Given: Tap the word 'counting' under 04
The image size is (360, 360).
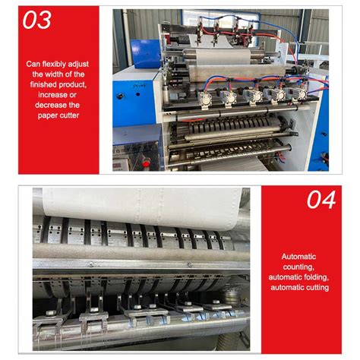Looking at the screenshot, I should pyautogui.click(x=299, y=267).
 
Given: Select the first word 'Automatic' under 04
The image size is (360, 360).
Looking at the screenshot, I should pyautogui.click(x=299, y=256).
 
